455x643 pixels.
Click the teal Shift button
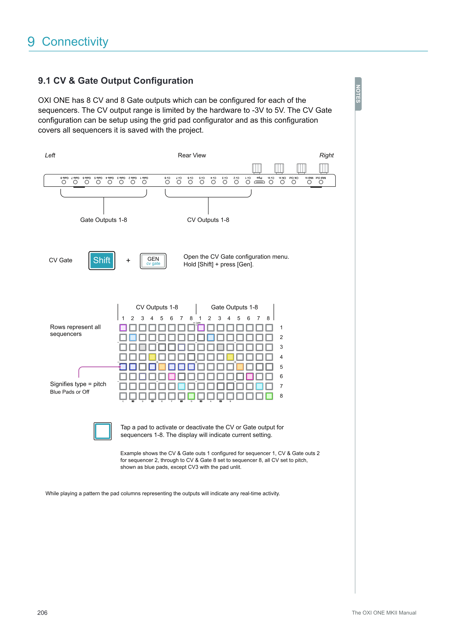[x=102, y=261]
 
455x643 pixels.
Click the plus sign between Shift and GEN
[x=128, y=261]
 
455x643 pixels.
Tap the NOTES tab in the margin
[x=358, y=94]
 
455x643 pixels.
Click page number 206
[x=42, y=613]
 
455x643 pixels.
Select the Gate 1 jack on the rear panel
[x=144, y=182]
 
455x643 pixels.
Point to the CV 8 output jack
[x=167, y=182]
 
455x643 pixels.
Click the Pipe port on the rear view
[x=259, y=182]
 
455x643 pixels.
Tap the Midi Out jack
[x=321, y=182]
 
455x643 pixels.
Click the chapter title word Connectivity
[x=75, y=42]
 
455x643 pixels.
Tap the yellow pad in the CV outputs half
[x=152, y=357]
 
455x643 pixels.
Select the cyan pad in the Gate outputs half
[x=259, y=386]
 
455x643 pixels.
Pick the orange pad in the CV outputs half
[x=162, y=367]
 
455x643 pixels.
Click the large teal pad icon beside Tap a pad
[x=103, y=431]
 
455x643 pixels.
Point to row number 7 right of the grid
[x=281, y=386]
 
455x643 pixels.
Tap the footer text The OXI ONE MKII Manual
[x=384, y=613]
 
